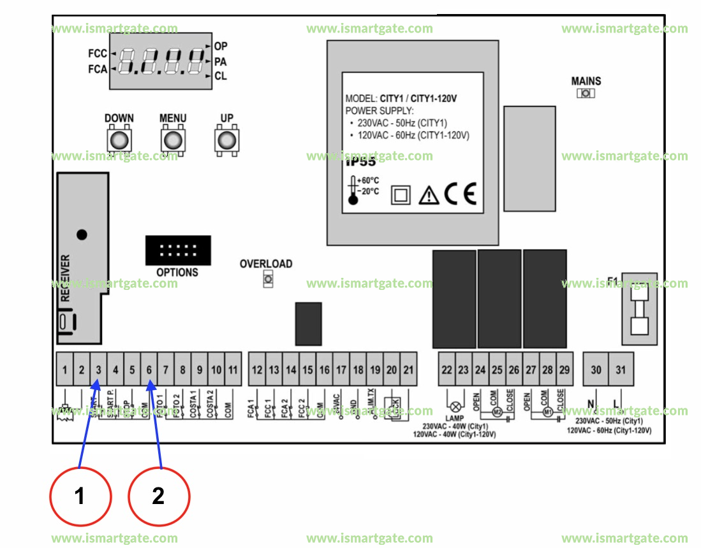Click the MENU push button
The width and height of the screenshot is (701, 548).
tap(172, 140)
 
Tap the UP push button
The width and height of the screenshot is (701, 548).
tap(226, 140)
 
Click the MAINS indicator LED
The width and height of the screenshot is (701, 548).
tap(586, 94)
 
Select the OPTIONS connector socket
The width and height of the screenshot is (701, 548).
tap(177, 250)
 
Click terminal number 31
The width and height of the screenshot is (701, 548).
tap(621, 370)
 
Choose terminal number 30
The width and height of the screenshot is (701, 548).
tap(596, 370)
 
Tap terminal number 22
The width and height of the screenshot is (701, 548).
tap(446, 370)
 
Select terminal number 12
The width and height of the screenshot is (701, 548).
tap(257, 370)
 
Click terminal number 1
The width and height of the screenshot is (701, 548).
tap(65, 370)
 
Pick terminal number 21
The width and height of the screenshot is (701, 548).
tap(408, 370)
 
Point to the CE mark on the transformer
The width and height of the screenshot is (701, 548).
tap(460, 194)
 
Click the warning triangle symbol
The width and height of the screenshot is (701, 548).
tap(429, 195)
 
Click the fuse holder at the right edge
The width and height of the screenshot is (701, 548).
tap(639, 309)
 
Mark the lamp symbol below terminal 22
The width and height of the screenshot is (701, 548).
tap(455, 407)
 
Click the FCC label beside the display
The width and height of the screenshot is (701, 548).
tap(98, 54)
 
